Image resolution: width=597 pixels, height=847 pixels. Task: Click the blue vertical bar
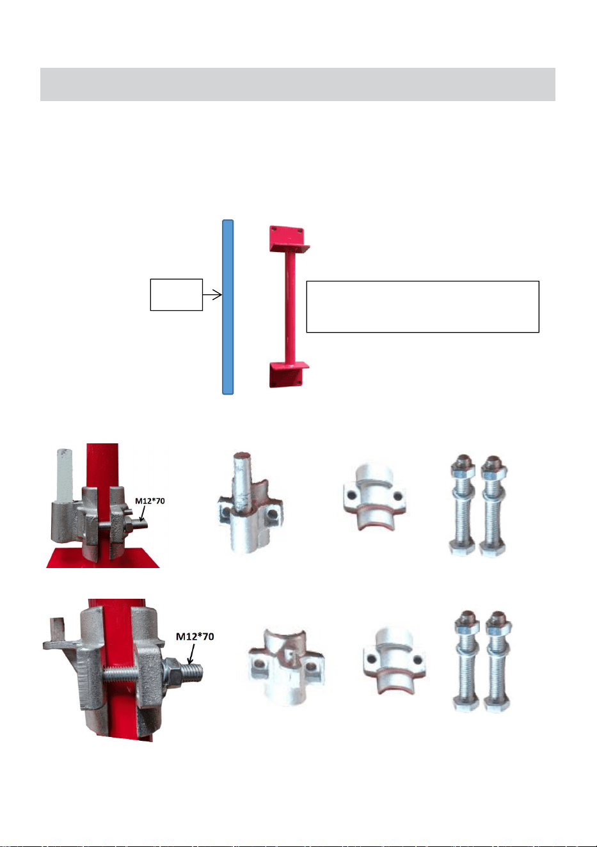pos(228,307)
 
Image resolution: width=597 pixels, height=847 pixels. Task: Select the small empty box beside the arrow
pos(177,294)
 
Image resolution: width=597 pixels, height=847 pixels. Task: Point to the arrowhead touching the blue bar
pos(218,294)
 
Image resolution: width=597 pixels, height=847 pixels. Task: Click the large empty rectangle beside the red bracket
pos(422,306)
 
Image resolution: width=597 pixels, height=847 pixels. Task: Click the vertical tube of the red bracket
pos(290,307)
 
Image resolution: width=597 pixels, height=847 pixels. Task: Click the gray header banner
pos(298,84)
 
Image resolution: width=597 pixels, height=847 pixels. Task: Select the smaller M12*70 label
pos(150,501)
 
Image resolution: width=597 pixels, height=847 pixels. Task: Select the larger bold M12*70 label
pos(195,637)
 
